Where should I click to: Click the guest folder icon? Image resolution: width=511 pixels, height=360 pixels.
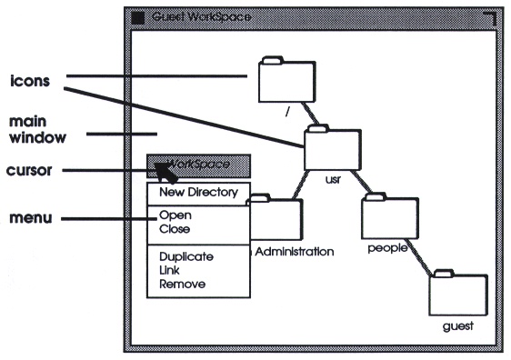point(457,293)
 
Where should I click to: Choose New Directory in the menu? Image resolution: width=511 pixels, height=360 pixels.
point(198,193)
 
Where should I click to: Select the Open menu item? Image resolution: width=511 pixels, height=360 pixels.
point(175,216)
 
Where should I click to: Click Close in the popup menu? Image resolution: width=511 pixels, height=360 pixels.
point(175,229)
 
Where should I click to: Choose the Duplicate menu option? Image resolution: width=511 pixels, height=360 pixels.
point(185,257)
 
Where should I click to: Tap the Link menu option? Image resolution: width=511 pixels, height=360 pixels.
point(170,270)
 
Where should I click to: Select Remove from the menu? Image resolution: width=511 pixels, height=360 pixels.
point(182,284)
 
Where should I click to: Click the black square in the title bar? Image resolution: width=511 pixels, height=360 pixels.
point(137,16)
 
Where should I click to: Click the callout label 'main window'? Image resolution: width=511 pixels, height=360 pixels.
point(32,129)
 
